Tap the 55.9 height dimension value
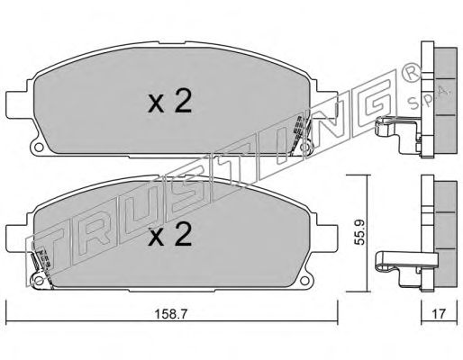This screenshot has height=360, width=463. (x=359, y=232)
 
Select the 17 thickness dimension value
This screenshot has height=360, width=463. (x=439, y=314)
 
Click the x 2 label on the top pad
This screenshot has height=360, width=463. (x=170, y=101)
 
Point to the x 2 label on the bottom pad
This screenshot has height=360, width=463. (x=170, y=234)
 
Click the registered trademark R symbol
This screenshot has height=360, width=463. (x=411, y=76)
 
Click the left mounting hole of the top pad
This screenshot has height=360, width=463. (x=38, y=148)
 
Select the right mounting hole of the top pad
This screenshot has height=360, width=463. (x=305, y=148)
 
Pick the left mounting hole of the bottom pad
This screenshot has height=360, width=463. (x=38, y=281)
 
